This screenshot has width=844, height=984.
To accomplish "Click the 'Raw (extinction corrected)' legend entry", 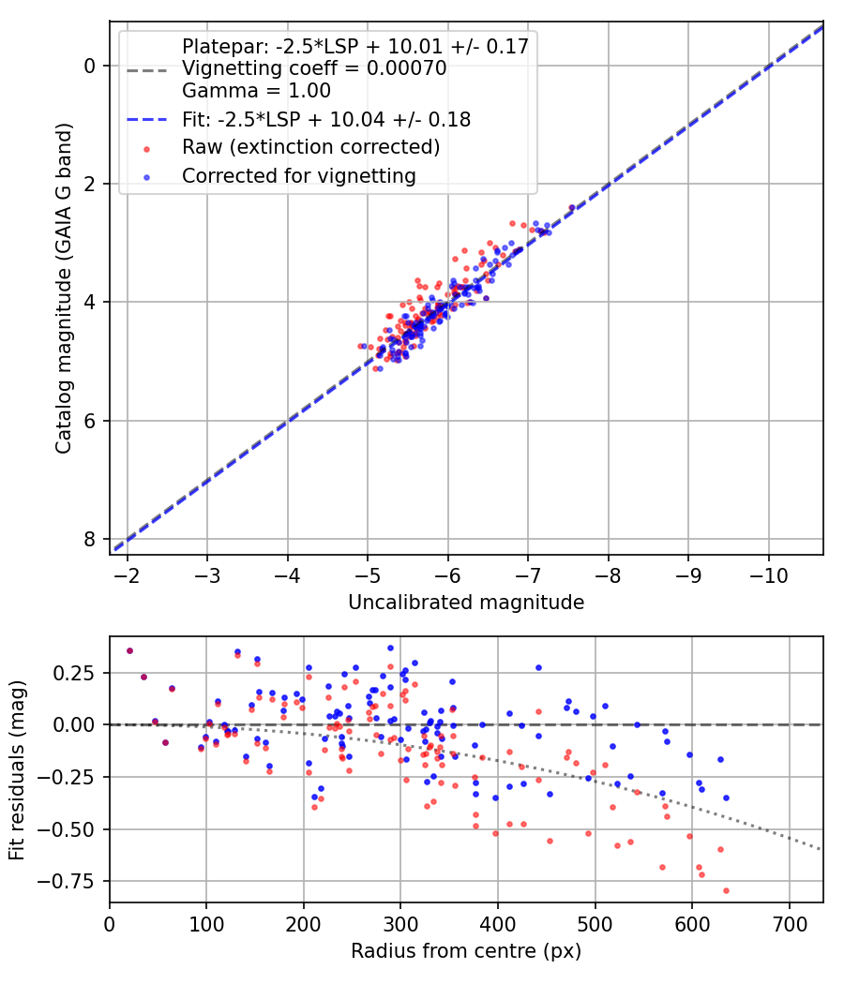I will tap(310, 147).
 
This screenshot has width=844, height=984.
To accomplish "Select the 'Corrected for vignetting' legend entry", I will tap(298, 175).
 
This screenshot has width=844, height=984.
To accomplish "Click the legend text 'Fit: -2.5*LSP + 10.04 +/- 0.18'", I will tap(325, 120).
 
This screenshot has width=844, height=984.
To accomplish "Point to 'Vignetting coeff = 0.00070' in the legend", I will tap(314, 68).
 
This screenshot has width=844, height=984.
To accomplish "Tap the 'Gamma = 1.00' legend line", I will tap(256, 91).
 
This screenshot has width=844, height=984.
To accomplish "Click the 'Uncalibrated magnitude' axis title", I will tap(466, 603).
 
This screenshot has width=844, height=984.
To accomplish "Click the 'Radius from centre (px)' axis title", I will tap(466, 951).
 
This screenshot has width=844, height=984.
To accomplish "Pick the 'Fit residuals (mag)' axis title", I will tap(17, 769).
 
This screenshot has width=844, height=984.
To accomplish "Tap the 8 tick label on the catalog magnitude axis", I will tap(89, 539).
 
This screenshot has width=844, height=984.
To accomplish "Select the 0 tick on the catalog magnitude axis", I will tap(89, 66).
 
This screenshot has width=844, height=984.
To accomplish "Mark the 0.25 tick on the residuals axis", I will tap(77, 673).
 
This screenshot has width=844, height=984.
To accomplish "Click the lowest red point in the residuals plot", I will tap(726, 890).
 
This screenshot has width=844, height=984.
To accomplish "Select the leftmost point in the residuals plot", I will tap(129, 650).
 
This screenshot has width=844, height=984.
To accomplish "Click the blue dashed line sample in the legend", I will tap(146, 120).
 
